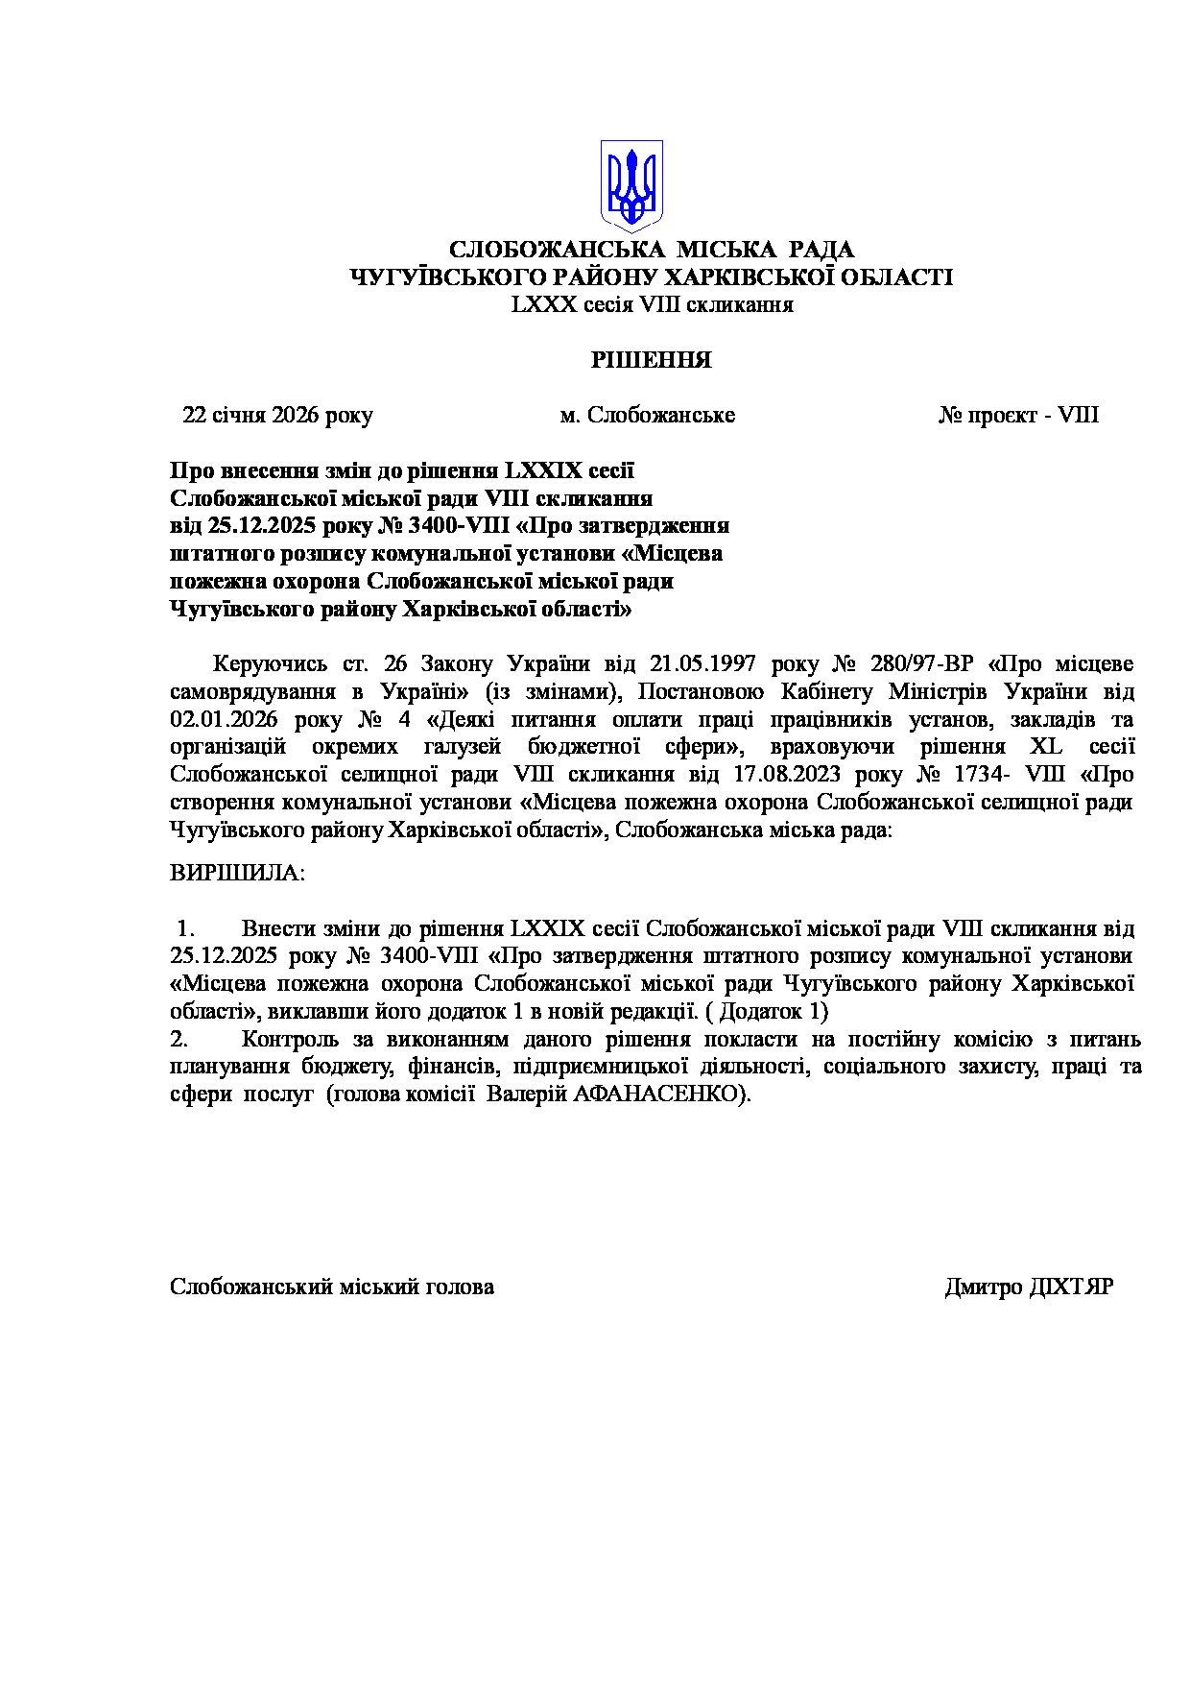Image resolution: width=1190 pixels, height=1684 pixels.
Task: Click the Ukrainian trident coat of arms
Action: [x=631, y=184]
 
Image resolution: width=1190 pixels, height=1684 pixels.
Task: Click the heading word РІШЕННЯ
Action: [x=651, y=361]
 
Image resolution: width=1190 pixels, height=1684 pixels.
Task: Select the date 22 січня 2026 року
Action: [x=277, y=416]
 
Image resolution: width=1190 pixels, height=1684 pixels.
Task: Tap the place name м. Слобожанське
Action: [x=648, y=416]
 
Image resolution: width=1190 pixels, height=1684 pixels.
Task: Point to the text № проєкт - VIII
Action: [x=1018, y=416]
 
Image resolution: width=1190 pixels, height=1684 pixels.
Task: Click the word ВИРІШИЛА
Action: [x=236, y=874]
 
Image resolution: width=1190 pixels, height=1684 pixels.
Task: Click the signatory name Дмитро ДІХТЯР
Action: [x=1029, y=1287]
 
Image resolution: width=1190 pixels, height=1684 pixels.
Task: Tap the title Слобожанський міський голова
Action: [x=332, y=1287]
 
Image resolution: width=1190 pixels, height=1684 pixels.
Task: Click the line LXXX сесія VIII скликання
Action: [x=652, y=305]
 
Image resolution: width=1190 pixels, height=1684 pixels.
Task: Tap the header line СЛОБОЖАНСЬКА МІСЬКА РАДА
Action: [x=652, y=251]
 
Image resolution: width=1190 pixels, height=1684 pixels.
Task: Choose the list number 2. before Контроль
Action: [x=178, y=1040]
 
